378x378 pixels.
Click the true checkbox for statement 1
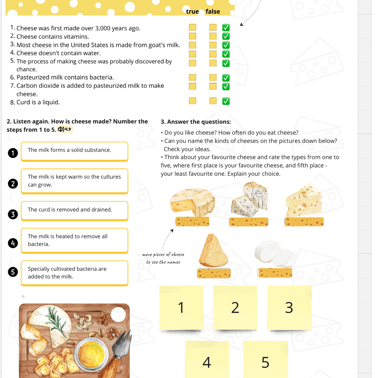click(x=193, y=27)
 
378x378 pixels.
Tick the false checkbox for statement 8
click(x=213, y=101)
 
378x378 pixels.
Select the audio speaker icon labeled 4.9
click(x=65, y=129)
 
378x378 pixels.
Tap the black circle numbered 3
click(x=13, y=214)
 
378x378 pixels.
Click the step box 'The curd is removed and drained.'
click(x=74, y=210)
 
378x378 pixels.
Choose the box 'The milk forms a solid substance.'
click(x=74, y=151)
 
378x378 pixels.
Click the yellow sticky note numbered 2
click(x=235, y=307)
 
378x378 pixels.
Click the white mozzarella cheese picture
click(x=275, y=253)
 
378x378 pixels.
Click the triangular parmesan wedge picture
click(x=214, y=251)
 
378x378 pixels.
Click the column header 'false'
click(x=213, y=11)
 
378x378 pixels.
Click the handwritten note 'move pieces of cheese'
click(x=163, y=254)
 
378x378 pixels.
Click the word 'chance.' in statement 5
click(x=26, y=70)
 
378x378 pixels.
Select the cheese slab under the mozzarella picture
click(x=275, y=273)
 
